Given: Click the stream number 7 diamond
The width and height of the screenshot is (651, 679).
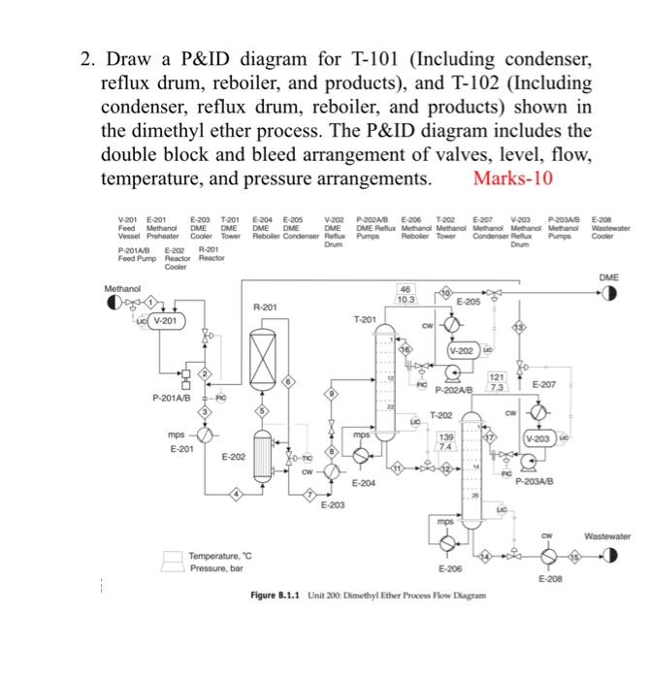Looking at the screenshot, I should (x=309, y=496).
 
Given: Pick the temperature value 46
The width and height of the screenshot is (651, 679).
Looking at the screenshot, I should (x=405, y=290).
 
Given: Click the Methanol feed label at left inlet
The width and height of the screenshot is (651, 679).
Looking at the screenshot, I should (x=123, y=288).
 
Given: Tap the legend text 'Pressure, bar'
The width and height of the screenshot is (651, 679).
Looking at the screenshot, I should (x=213, y=568).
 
